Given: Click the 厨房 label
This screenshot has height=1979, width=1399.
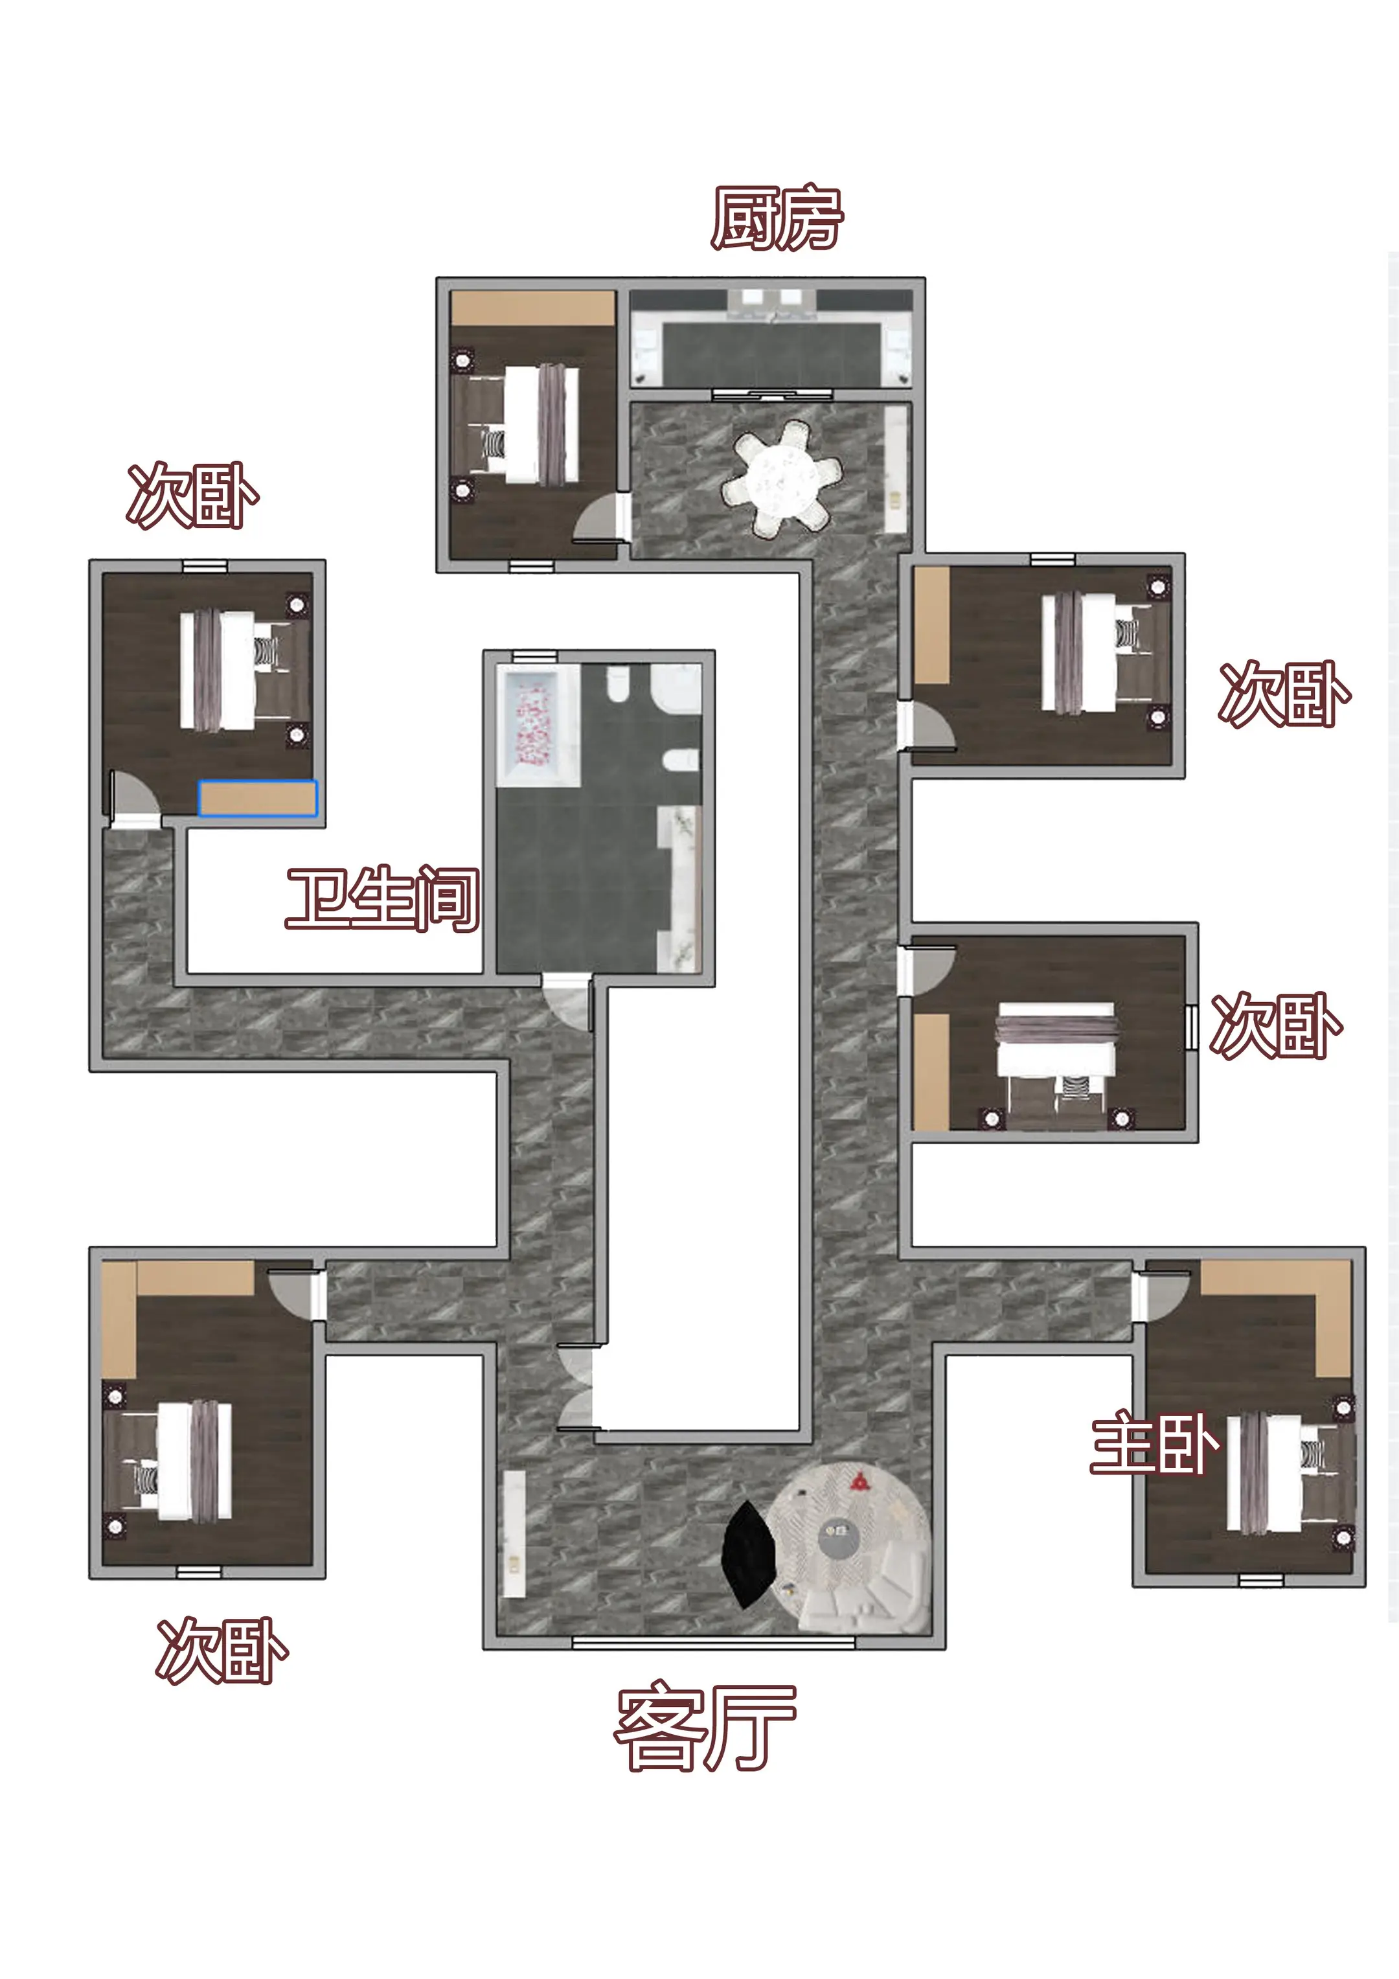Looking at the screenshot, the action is coord(777,218).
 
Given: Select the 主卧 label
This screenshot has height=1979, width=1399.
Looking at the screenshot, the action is coord(1154,1442).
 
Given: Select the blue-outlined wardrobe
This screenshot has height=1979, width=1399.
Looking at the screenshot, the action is coord(258,798).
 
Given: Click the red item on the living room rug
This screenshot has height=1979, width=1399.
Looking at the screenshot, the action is coord(859,1481).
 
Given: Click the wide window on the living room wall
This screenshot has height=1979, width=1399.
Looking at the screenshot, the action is coord(714,1643).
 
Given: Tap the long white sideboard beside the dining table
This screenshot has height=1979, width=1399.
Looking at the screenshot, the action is coord(896,470).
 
